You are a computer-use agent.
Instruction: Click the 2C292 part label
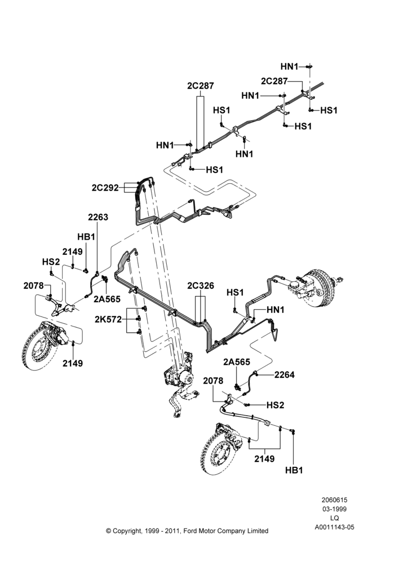105,188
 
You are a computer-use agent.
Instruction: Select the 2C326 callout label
201,285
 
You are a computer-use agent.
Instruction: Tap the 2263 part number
98,217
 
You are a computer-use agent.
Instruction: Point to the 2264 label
285,375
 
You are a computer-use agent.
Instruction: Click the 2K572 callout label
108,319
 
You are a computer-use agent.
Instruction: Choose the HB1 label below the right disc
294,470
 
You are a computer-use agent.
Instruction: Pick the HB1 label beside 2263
86,237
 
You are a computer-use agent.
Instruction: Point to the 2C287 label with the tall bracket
201,86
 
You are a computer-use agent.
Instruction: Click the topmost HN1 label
289,67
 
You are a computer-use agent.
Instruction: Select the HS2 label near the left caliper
51,262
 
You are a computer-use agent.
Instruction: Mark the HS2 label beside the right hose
276,405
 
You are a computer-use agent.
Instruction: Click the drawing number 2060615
334,500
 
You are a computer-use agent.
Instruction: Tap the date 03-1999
334,509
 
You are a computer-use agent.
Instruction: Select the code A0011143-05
334,527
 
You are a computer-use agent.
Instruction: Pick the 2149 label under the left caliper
73,364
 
